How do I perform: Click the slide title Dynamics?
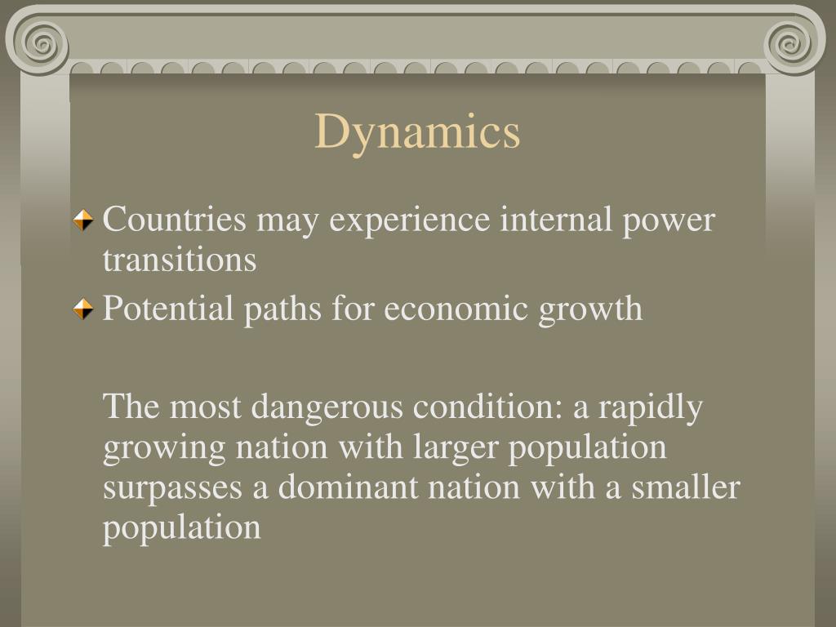(417, 132)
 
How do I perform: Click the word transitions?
(179, 260)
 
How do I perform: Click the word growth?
(590, 310)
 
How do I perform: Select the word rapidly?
(651, 407)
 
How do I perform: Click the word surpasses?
(173, 489)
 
